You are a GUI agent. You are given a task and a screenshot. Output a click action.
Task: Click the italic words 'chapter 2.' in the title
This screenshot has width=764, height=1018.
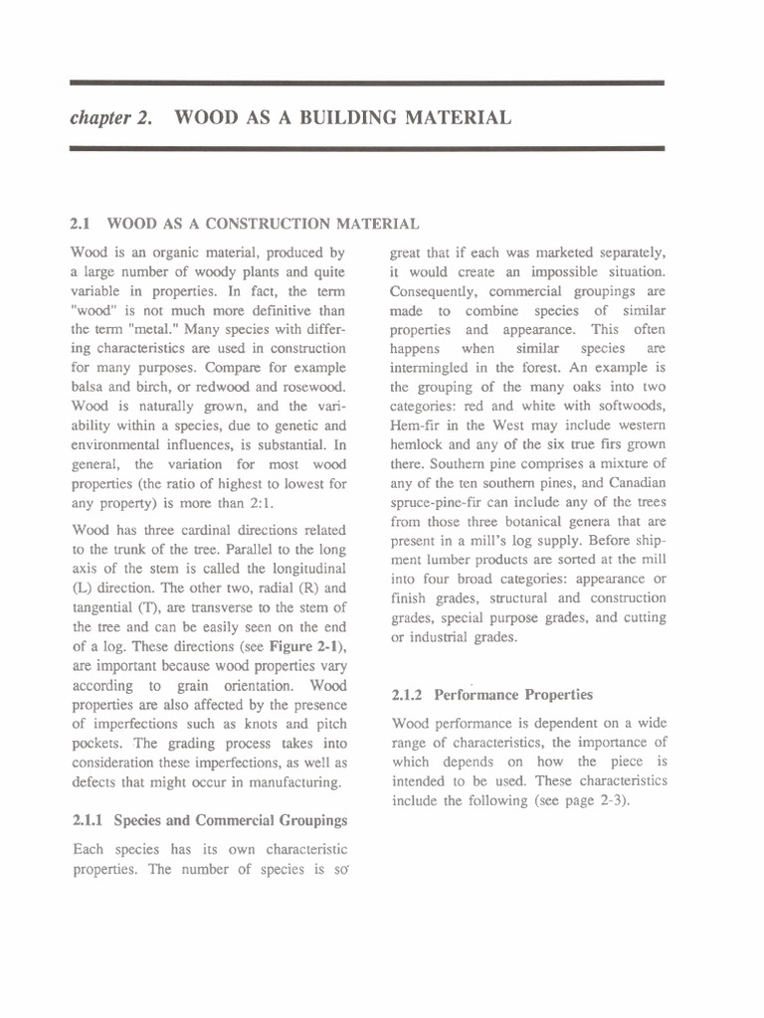click(x=110, y=118)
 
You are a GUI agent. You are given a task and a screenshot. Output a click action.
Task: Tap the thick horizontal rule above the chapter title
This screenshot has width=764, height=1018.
click(x=366, y=85)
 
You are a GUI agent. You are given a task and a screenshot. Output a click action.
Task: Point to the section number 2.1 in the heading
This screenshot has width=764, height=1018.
click(x=82, y=225)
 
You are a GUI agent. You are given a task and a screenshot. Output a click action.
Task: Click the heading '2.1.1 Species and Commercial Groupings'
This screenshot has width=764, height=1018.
click(x=209, y=820)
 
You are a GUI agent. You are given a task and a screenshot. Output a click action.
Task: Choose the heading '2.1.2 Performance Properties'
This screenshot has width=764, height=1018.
click(x=492, y=695)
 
